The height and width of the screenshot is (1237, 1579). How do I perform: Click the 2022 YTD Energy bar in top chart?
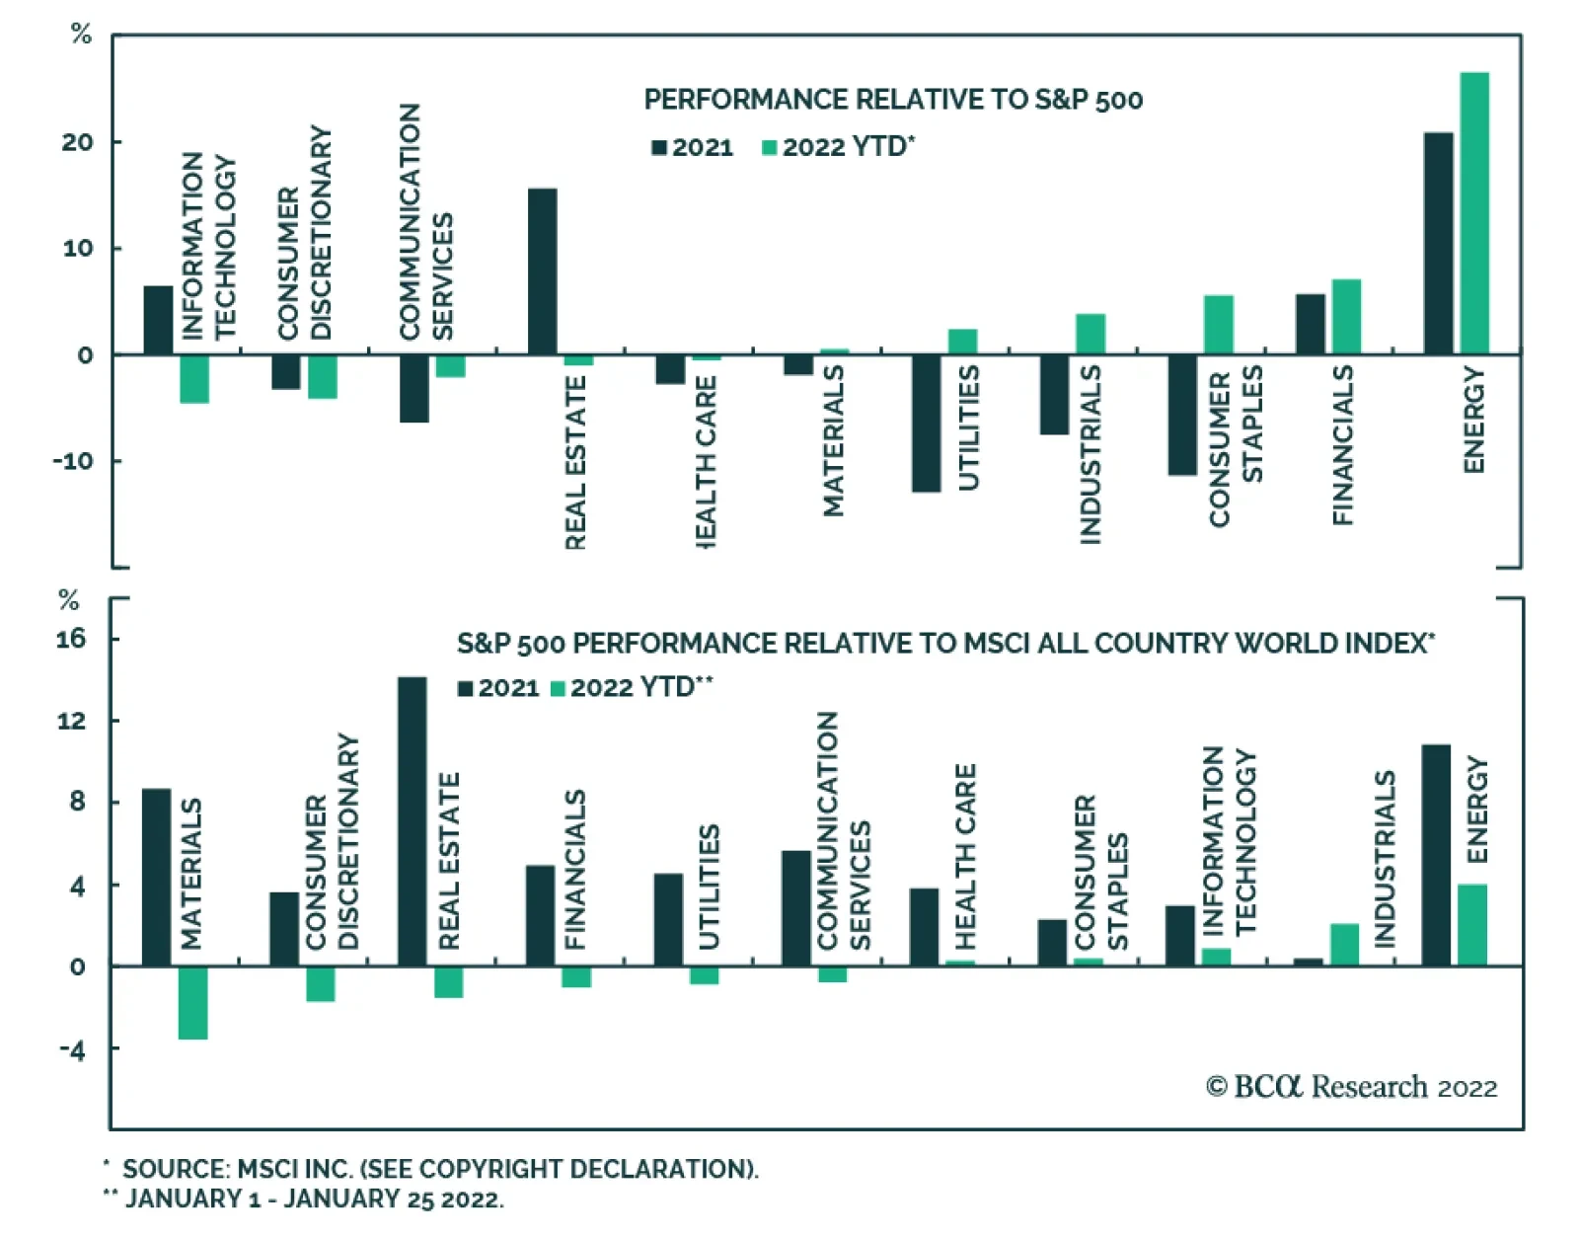(1474, 213)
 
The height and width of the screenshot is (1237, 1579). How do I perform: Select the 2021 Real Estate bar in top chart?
(543, 271)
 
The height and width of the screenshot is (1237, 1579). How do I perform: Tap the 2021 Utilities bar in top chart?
(926, 423)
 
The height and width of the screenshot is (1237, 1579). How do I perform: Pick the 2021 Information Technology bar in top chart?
(158, 320)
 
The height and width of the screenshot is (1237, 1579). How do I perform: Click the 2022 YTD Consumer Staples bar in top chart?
(1219, 325)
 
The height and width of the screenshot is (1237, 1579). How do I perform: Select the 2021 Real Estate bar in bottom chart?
(413, 821)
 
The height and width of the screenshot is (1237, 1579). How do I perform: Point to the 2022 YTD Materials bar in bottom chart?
(193, 1002)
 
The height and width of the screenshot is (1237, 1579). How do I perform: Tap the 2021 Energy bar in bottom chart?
(1436, 855)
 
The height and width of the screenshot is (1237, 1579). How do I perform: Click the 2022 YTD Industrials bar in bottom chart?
(1344, 945)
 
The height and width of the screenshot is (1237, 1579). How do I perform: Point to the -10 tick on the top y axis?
(72, 461)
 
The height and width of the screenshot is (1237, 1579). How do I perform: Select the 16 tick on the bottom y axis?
(71, 639)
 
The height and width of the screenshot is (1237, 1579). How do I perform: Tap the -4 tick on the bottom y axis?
(71, 1049)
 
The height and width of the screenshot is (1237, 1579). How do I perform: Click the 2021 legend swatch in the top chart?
(659, 148)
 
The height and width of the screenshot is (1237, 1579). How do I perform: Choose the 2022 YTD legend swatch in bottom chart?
(558, 688)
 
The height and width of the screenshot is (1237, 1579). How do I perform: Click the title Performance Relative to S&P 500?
(893, 100)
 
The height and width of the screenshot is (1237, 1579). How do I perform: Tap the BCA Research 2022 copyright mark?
(1351, 1087)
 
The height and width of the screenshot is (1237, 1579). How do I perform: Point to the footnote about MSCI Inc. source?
(439, 1169)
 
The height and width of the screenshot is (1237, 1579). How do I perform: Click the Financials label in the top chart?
(1343, 444)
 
